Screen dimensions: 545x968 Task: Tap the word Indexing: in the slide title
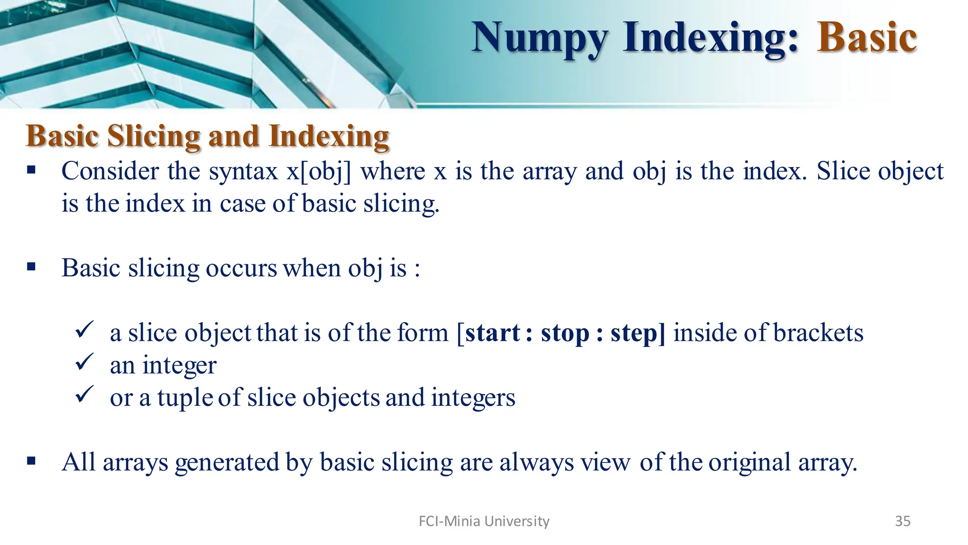coord(711,38)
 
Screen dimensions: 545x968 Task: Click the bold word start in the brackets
coord(492,333)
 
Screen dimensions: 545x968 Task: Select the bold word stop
coord(565,334)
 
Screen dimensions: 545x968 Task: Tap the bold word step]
coord(638,334)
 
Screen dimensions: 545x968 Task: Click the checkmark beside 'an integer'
coord(85,363)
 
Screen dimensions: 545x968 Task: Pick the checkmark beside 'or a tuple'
coord(85,395)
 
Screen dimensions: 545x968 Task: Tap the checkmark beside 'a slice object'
coord(85,330)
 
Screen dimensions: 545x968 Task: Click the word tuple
coord(185,398)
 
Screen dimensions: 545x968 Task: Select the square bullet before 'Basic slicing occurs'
coord(32,267)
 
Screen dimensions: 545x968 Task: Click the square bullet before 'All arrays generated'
coord(32,461)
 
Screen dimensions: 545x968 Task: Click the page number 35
coord(902,521)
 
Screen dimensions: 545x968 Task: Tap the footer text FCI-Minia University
coord(484,521)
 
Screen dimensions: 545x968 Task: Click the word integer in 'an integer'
coord(179,366)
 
